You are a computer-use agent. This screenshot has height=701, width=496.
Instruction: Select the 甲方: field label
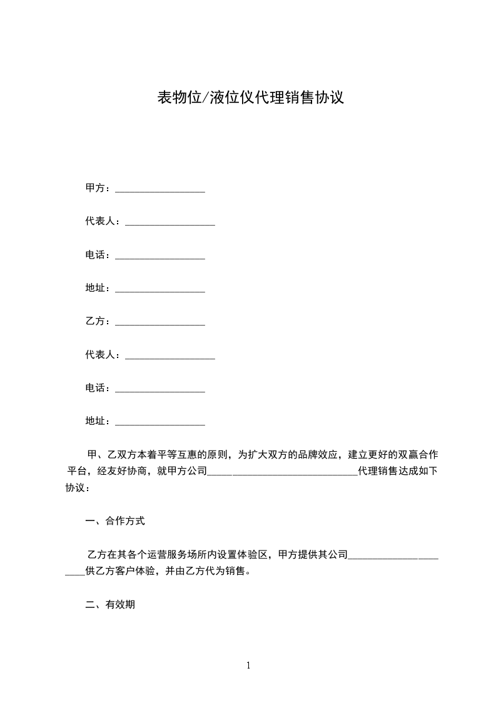[98, 188]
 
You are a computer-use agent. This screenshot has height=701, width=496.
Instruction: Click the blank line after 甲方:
[160, 189]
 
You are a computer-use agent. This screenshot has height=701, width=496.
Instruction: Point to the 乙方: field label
[98, 321]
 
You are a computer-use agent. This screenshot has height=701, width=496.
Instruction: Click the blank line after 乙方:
[160, 322]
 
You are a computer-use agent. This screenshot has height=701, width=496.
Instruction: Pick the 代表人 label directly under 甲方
[103, 221]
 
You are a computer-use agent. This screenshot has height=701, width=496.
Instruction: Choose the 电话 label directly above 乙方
[98, 255]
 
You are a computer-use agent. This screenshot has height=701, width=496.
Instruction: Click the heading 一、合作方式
[115, 520]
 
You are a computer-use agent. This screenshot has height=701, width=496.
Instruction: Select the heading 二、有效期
[110, 605]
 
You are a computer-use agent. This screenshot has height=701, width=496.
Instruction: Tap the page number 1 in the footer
[248, 665]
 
